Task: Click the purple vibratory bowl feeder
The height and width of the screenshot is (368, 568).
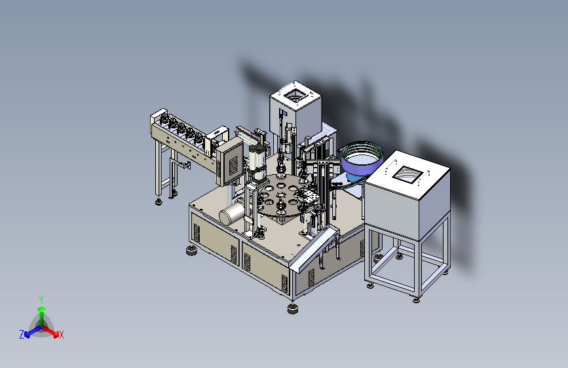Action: pyautogui.click(x=361, y=159)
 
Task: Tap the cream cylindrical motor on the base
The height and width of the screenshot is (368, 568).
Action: pyautogui.click(x=232, y=213)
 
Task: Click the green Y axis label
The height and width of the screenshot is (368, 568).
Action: pyautogui.click(x=41, y=300)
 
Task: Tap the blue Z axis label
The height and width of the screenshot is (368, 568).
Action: pyautogui.click(x=22, y=335)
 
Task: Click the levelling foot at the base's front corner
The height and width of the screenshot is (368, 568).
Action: pyautogui.click(x=293, y=308)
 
